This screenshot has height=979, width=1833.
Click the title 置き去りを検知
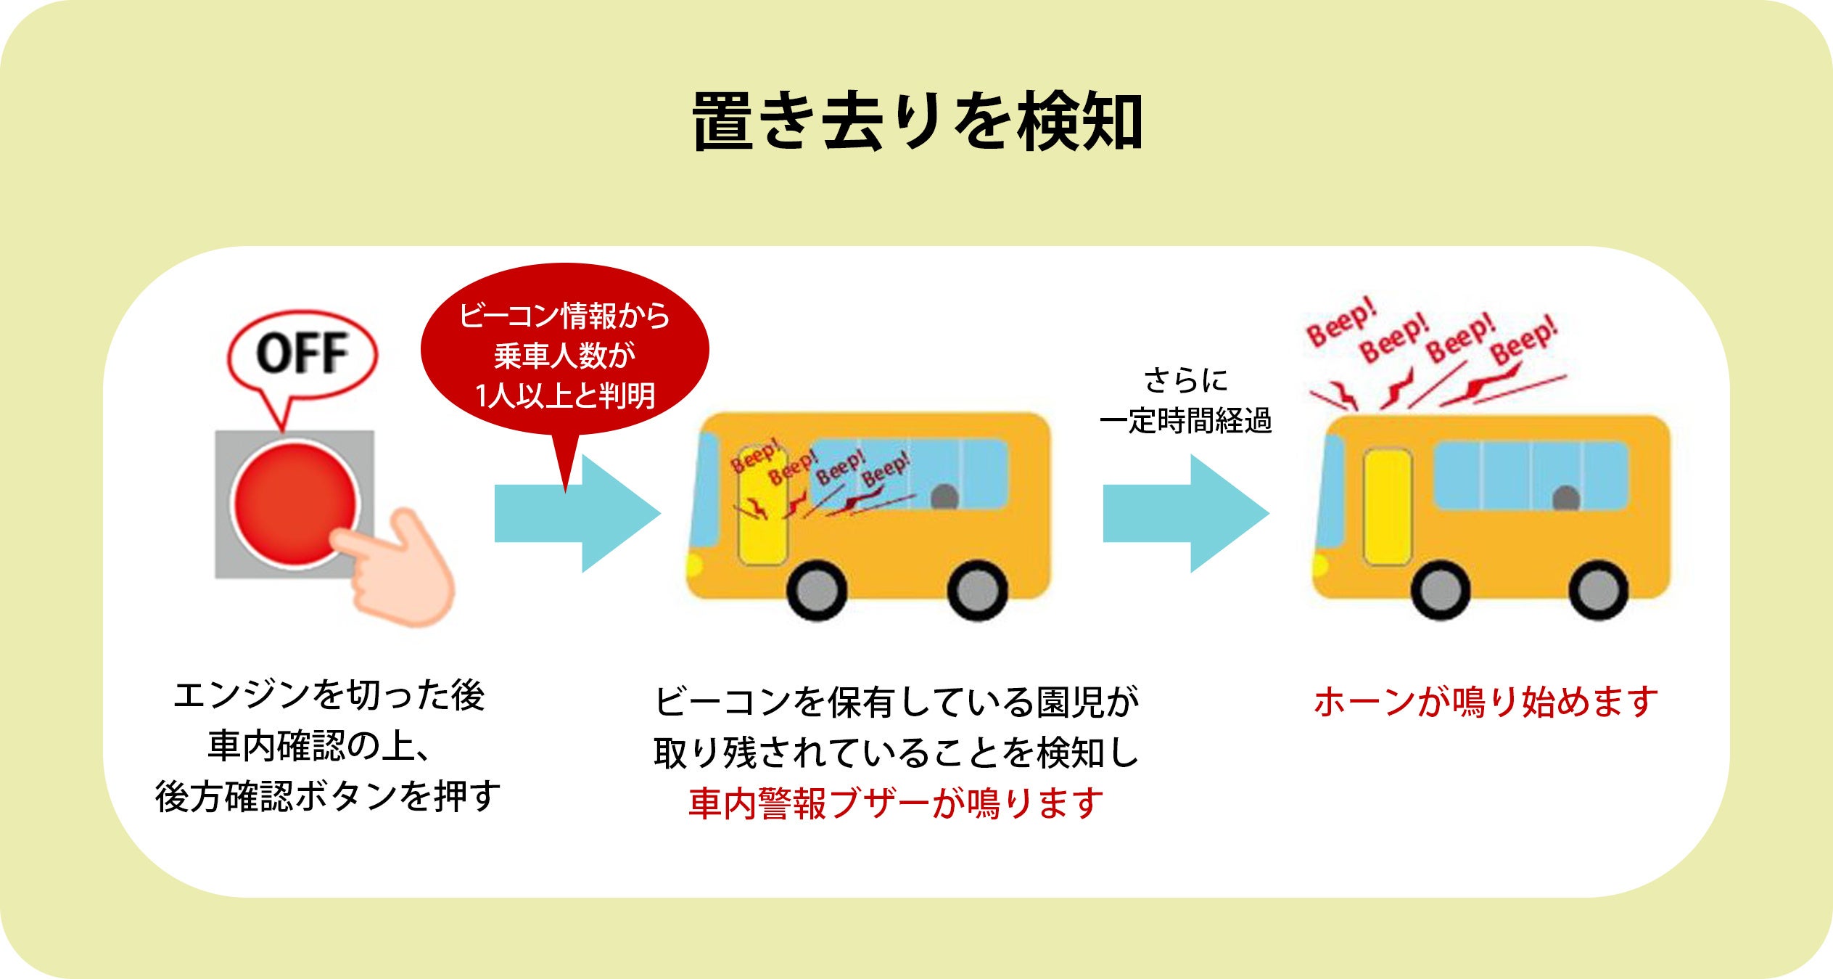[x=917, y=121]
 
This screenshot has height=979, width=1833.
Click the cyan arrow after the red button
[x=577, y=513]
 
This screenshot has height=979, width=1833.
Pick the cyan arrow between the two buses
[x=1185, y=513]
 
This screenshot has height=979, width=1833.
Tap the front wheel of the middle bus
[x=817, y=591]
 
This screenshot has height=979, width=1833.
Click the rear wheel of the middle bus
[x=977, y=591]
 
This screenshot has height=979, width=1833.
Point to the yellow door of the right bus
[x=1387, y=507]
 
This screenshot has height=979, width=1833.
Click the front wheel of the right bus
[x=1441, y=591]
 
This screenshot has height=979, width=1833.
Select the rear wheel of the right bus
[x=1598, y=591]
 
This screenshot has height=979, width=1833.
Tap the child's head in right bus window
[x=1566, y=499]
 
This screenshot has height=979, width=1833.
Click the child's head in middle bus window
[x=944, y=496]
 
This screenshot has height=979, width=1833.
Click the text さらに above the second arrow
[x=1185, y=380]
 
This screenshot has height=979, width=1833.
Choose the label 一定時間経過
[x=1185, y=421]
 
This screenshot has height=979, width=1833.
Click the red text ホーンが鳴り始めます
[x=1486, y=702]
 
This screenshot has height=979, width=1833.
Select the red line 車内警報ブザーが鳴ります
[x=896, y=803]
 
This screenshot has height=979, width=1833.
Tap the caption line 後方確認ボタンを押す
[x=328, y=796]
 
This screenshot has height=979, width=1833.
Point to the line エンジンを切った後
[x=329, y=695]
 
